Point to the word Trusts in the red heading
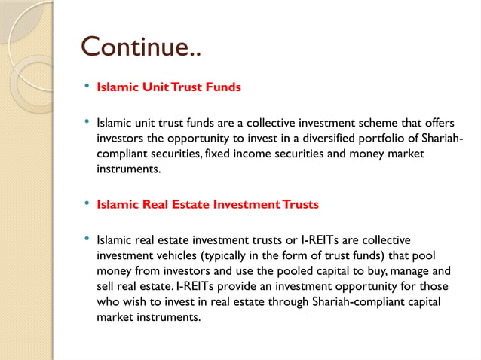click(x=296, y=204)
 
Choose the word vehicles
click(x=183, y=255)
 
